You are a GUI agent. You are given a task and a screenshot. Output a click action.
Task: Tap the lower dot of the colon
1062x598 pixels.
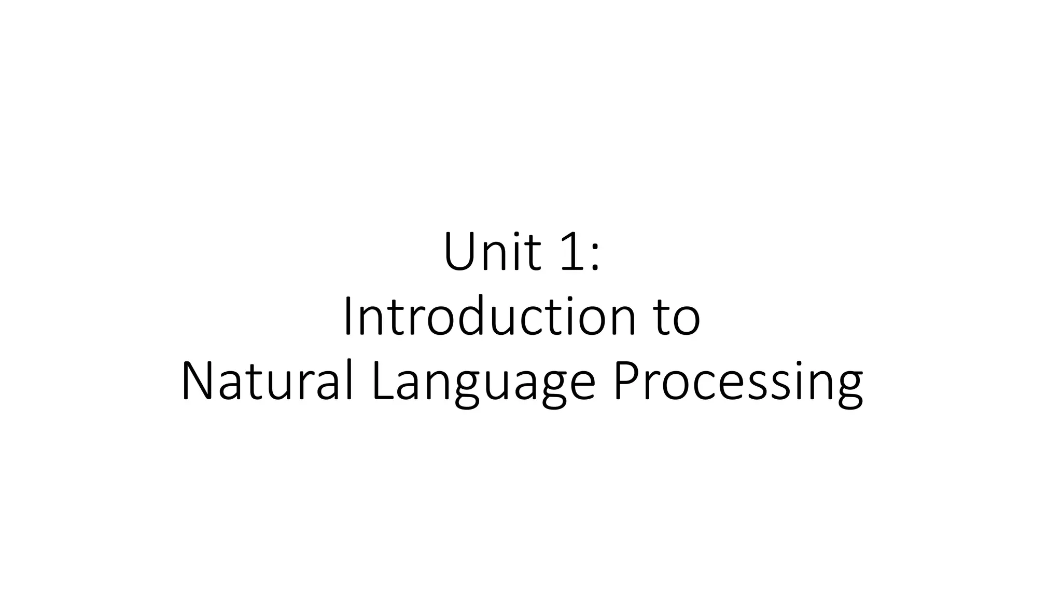596,268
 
